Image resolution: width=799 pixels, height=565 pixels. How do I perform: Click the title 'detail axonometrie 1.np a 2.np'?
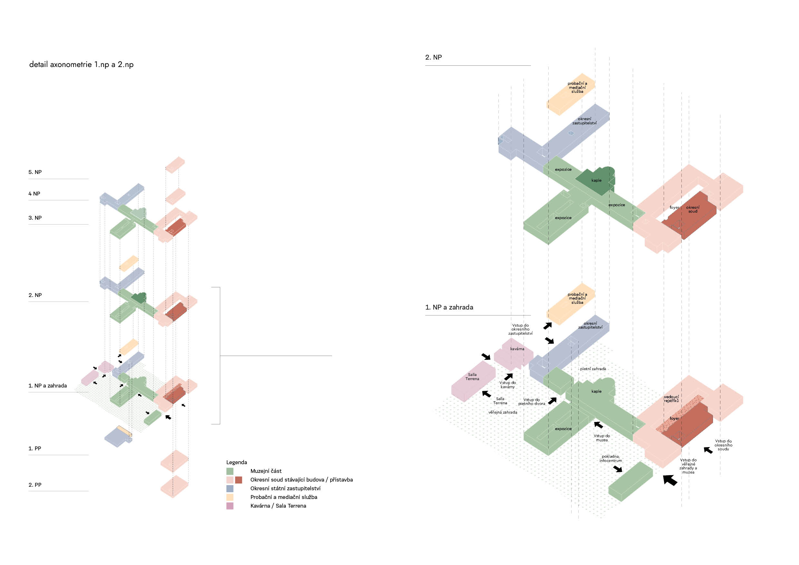click(x=81, y=65)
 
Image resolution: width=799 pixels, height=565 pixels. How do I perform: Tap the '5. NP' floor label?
click(x=35, y=172)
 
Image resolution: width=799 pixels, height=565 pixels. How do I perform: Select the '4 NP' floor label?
click(x=34, y=194)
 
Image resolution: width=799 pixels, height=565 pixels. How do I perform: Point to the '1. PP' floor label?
click(x=35, y=448)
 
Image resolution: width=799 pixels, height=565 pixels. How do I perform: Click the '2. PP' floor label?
click(x=35, y=485)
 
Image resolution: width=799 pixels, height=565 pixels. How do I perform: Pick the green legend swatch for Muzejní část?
click(x=230, y=471)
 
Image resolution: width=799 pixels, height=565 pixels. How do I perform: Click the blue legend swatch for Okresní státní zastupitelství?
click(x=230, y=488)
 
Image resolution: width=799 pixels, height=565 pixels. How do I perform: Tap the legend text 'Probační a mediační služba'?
click(x=284, y=497)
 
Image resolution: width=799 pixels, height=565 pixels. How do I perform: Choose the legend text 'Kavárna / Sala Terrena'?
click(x=278, y=506)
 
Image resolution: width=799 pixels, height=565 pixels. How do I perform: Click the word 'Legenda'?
click(x=236, y=462)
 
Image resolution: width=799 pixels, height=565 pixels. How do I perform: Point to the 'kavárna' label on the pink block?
click(x=517, y=349)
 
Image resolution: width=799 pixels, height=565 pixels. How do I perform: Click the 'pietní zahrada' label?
click(x=593, y=369)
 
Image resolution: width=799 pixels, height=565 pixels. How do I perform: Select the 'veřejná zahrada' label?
click(x=503, y=412)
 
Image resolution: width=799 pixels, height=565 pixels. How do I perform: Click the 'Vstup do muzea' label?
click(x=602, y=438)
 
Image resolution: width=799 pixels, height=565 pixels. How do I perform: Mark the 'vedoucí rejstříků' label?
click(x=671, y=399)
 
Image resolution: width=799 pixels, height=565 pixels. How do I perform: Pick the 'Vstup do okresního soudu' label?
click(x=723, y=445)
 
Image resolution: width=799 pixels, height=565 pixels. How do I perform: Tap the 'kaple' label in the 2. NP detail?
click(x=596, y=180)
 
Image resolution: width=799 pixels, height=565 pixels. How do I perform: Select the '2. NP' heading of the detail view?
click(x=433, y=57)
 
